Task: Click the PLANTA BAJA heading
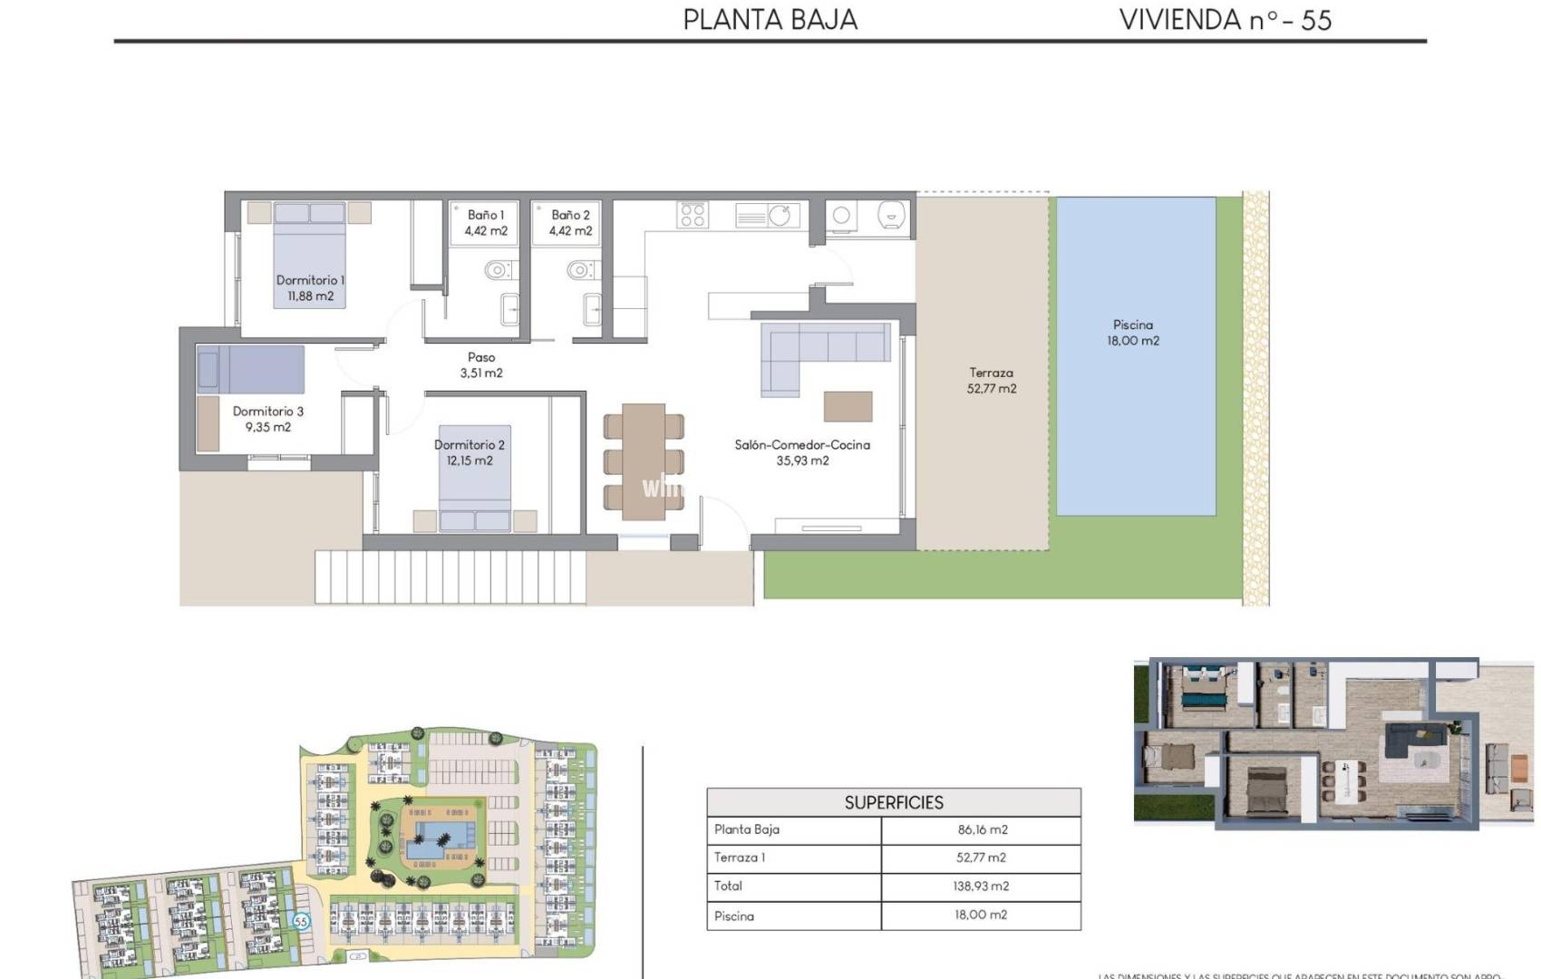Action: pyautogui.click(x=770, y=20)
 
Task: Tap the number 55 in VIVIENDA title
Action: pyautogui.click(x=1315, y=21)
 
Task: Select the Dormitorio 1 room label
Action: pyautogui.click(x=310, y=287)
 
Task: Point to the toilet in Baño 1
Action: pyautogui.click(x=496, y=270)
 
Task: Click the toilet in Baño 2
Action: pyautogui.click(x=579, y=270)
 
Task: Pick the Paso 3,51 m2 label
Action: pyautogui.click(x=481, y=364)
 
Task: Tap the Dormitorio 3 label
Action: pyautogui.click(x=268, y=419)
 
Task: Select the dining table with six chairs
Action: pyautogui.click(x=644, y=461)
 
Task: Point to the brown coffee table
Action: pyautogui.click(x=848, y=406)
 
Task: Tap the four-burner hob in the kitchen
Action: pyautogui.click(x=693, y=216)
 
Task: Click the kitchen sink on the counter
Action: pyautogui.click(x=779, y=216)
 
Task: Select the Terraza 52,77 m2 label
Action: pyautogui.click(x=991, y=380)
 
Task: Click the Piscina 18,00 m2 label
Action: pyautogui.click(x=1132, y=333)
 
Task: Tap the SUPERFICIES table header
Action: pyautogui.click(x=894, y=802)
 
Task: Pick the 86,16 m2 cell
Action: pyautogui.click(x=982, y=829)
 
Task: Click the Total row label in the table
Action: pyautogui.click(x=728, y=886)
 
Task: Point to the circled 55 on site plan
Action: pyautogui.click(x=301, y=921)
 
